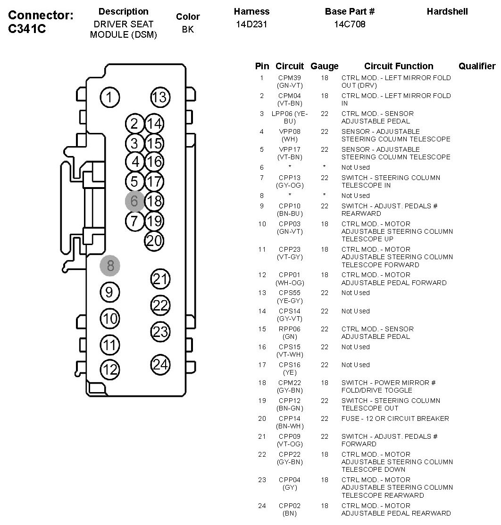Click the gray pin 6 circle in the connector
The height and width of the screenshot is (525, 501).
pyautogui.click(x=134, y=201)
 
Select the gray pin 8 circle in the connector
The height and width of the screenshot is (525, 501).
pyautogui.click(x=110, y=265)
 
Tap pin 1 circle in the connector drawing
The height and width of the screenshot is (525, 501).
pyautogui.click(x=109, y=98)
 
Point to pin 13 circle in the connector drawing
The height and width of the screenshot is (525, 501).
pyautogui.click(x=160, y=98)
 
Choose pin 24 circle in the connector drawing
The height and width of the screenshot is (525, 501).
pyautogui.click(x=160, y=364)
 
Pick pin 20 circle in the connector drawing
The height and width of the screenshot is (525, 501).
pyautogui.click(x=154, y=241)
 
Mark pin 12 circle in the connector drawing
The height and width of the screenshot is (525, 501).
pyautogui.click(x=110, y=370)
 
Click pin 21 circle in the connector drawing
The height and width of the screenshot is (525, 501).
pyautogui.click(x=160, y=279)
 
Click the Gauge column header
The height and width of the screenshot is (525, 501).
pyautogui.click(x=325, y=66)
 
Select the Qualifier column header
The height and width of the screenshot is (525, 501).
pyautogui.click(x=477, y=66)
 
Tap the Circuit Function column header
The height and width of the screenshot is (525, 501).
pyautogui.click(x=399, y=66)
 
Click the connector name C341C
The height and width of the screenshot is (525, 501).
pyautogui.click(x=27, y=29)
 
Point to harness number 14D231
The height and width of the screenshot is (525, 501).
pyautogui.click(x=251, y=24)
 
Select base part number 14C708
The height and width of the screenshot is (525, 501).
pyautogui.click(x=350, y=24)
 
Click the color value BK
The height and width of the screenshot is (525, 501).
pyautogui.click(x=188, y=30)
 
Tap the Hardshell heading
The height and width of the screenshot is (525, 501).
pyautogui.click(x=447, y=11)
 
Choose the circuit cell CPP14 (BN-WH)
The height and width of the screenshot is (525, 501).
pyautogui.click(x=290, y=422)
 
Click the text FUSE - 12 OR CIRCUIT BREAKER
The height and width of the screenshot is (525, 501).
pyautogui.click(x=395, y=418)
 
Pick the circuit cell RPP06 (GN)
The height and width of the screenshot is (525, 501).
pyautogui.click(x=290, y=333)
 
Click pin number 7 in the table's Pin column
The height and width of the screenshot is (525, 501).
pyautogui.click(x=262, y=178)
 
